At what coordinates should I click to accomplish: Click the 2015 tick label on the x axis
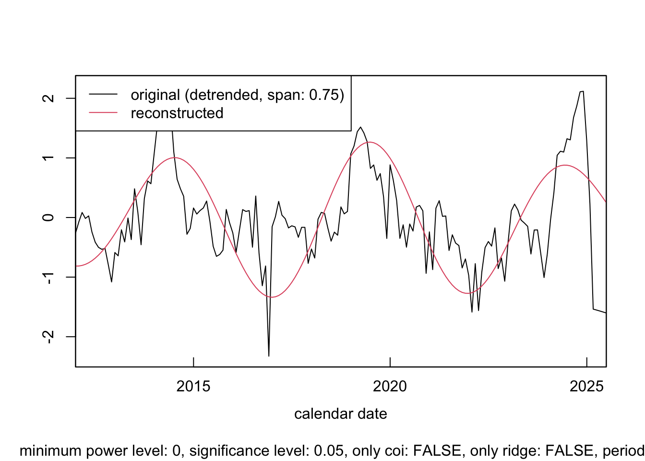(193, 386)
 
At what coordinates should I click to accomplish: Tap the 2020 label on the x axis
(390, 386)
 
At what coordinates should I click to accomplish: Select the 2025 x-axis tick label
(586, 386)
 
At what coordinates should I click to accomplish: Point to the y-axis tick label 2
(48, 98)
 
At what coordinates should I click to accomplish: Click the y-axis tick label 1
(48, 158)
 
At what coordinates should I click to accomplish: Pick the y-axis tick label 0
(48, 218)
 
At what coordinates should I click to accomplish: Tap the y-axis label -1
(48, 277)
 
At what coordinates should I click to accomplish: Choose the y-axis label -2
(48, 337)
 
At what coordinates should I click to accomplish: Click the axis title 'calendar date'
(341, 413)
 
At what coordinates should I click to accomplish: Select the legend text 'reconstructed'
(177, 113)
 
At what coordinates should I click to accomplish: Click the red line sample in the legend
(103, 113)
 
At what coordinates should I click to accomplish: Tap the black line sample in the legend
(103, 95)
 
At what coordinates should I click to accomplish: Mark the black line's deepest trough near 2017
(269, 356)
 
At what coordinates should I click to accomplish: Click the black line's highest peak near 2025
(582, 91)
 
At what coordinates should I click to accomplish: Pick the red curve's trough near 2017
(272, 297)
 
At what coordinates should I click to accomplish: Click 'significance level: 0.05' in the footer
(267, 450)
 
